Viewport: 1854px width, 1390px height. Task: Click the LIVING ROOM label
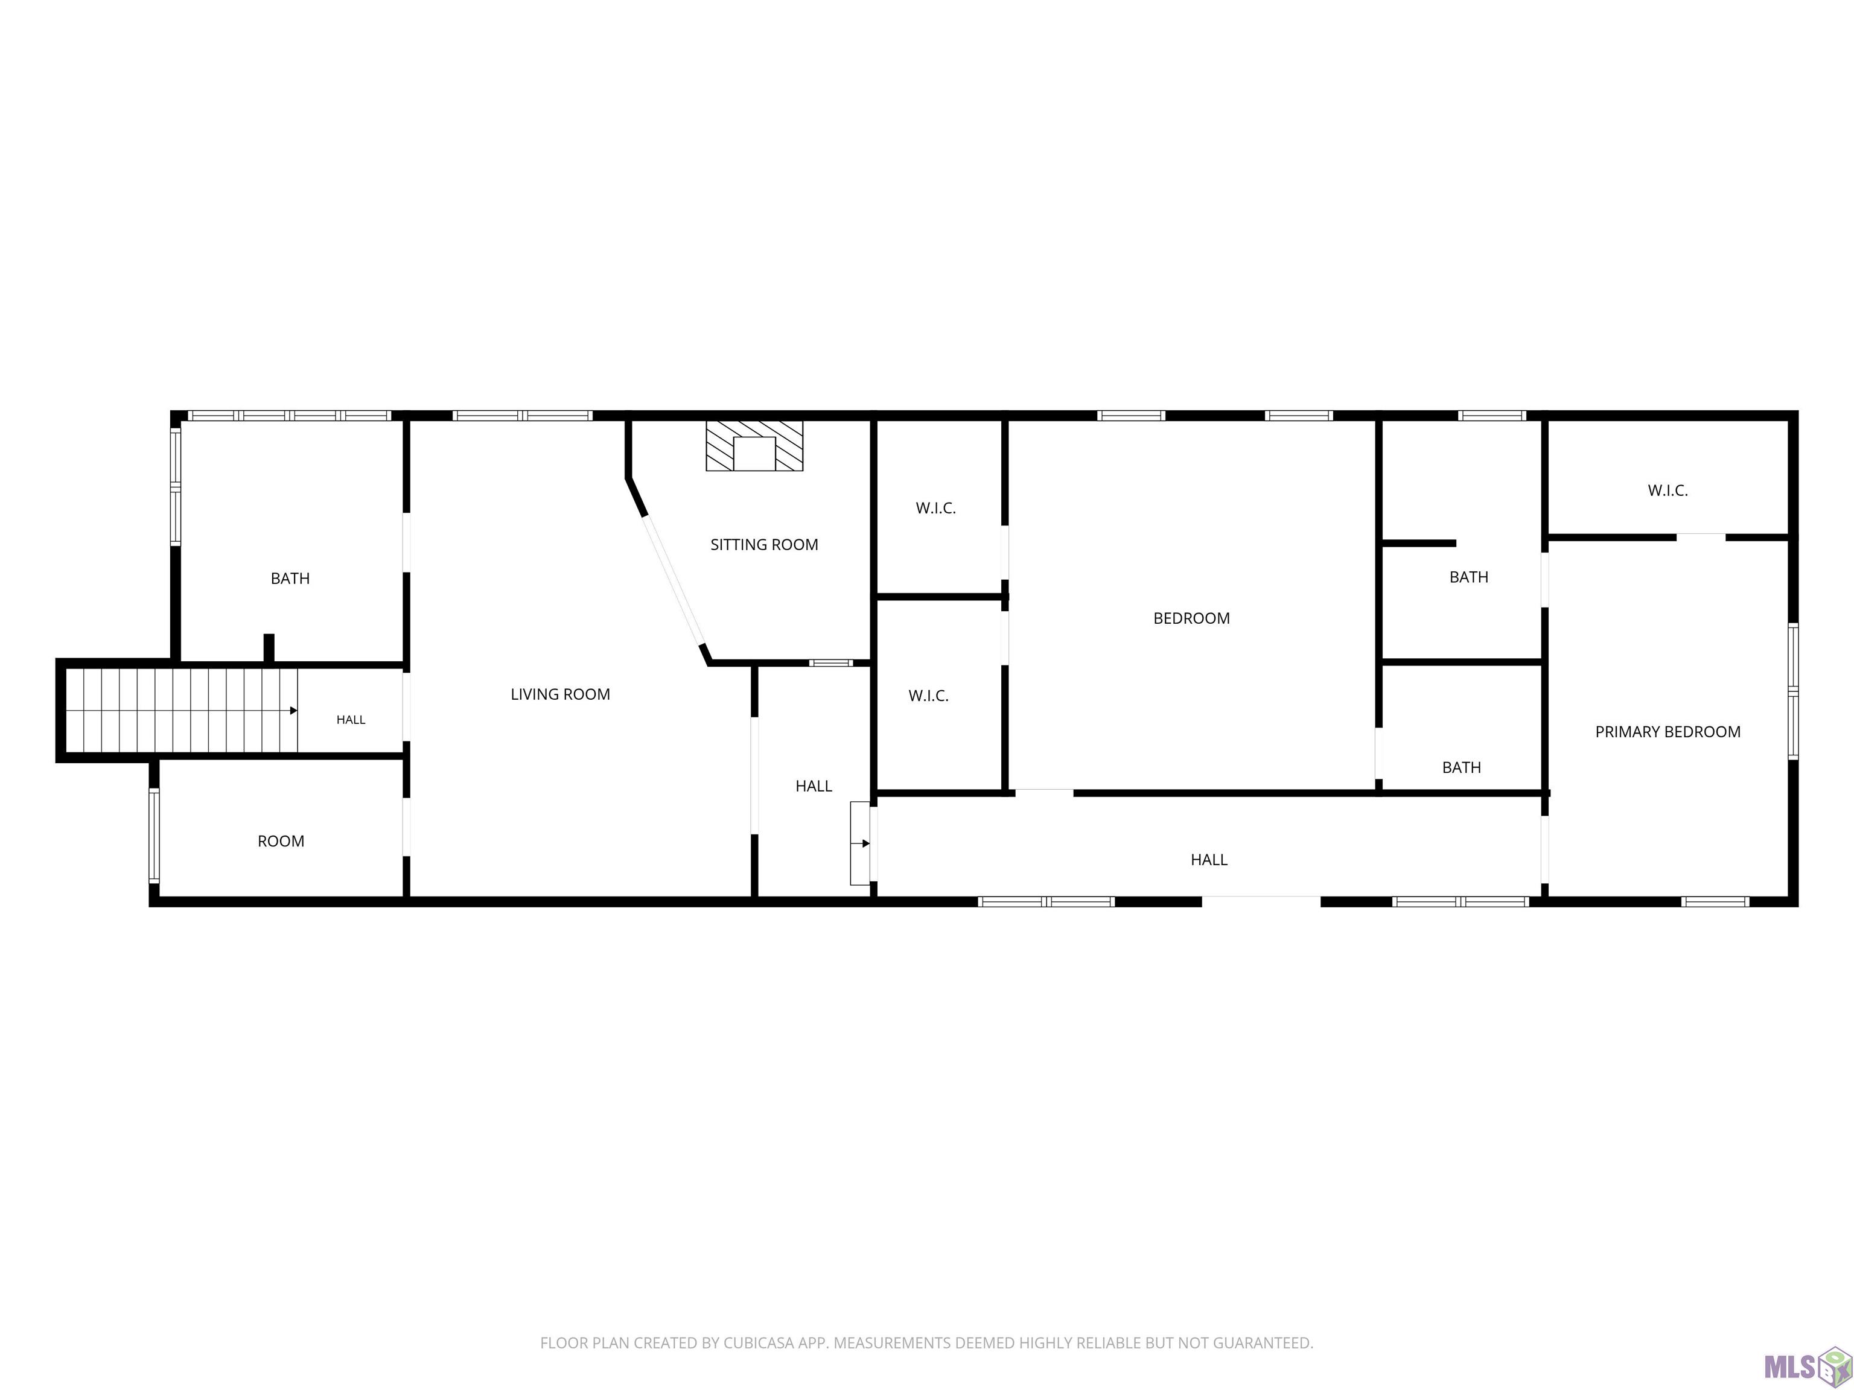tap(560, 694)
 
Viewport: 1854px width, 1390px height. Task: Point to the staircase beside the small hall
tap(181, 711)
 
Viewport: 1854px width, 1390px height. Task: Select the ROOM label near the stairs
tap(281, 841)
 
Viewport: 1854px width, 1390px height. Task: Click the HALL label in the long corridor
tap(1209, 860)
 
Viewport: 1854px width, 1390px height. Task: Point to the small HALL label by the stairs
tap(351, 720)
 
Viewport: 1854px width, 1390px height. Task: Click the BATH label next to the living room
tap(290, 578)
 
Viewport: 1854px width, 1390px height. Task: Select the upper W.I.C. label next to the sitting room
tap(935, 508)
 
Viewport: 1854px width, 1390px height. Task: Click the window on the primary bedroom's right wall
tap(1793, 691)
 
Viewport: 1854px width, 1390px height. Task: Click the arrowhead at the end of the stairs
tap(293, 711)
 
